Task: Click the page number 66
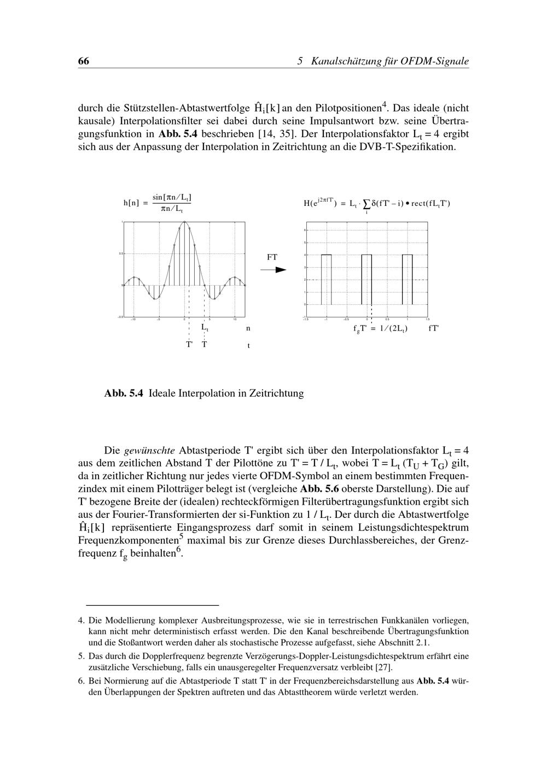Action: coord(84,61)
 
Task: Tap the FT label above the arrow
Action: coord(272,257)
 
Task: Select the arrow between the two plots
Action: coord(277,269)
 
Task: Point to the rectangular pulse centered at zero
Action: coord(366,279)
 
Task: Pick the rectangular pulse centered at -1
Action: coord(326,279)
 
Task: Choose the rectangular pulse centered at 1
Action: coord(407,279)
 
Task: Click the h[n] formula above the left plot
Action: coord(158,203)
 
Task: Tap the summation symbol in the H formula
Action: coord(366,204)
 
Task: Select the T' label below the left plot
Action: coord(189,345)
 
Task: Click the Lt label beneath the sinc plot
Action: coord(205,328)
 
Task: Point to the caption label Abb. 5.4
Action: coord(123,393)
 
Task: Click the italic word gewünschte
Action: coord(149,451)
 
